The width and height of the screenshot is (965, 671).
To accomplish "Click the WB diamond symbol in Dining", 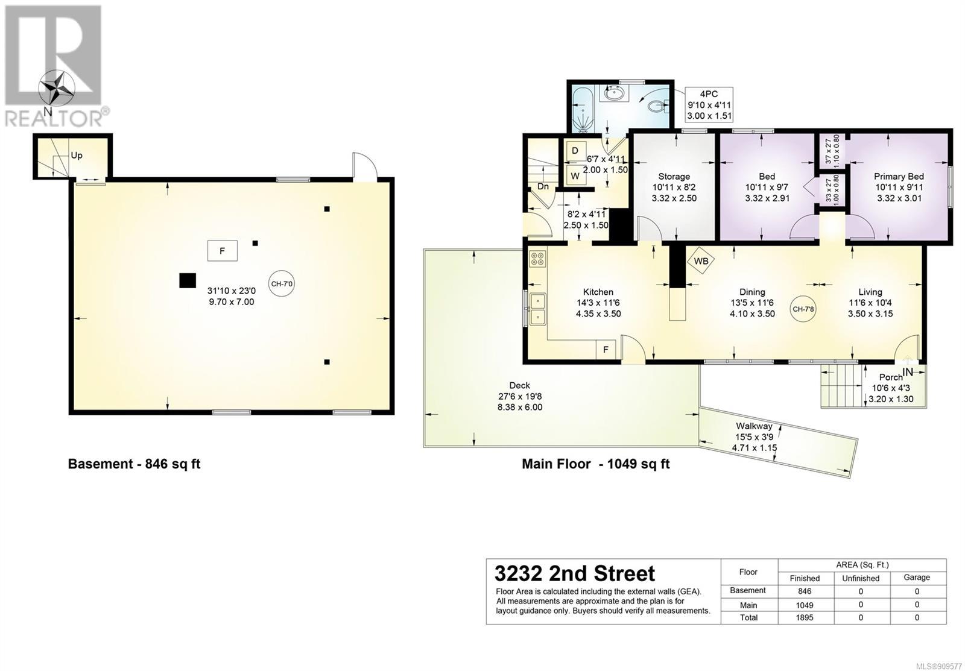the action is [700, 260].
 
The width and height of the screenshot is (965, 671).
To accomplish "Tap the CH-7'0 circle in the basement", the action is [281, 284].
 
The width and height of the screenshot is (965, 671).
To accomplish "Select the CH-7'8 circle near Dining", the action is [803, 309].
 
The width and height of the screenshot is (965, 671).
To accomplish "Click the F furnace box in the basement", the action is [223, 251].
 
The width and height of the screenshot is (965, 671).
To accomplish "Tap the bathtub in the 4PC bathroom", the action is [584, 109].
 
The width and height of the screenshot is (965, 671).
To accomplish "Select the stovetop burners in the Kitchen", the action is [537, 259].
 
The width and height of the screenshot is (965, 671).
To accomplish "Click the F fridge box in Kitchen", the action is [606, 350].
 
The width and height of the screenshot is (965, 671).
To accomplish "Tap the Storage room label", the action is [674, 177].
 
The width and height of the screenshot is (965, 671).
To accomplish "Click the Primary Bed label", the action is [899, 177].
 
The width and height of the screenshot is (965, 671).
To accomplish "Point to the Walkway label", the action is [754, 426].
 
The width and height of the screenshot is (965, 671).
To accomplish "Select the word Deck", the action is [519, 385].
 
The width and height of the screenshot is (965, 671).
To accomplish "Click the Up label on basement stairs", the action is [77, 156].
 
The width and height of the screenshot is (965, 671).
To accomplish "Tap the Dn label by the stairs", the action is [543, 187].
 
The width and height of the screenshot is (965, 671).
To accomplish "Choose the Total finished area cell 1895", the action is [805, 617].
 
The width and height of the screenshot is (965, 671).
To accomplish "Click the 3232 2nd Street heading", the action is [575, 574].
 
